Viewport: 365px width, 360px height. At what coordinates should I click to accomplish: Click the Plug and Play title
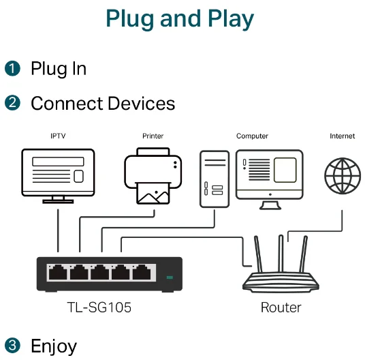coord(180,19)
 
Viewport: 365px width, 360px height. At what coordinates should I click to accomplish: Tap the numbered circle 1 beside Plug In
coord(12,68)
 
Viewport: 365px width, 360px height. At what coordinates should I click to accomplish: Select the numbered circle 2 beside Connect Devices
coord(12,102)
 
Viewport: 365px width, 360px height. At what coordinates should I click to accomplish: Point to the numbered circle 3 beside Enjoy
coord(12,345)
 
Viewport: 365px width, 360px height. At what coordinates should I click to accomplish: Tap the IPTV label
coord(58,136)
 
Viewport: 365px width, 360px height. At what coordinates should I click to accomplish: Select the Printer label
coord(153,136)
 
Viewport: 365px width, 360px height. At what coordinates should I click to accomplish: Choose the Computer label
coord(252,136)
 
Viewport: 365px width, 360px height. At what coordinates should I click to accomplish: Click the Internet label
coord(342,136)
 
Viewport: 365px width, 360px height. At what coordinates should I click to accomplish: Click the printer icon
coord(153,176)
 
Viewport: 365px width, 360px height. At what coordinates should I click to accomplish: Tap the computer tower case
coord(215,179)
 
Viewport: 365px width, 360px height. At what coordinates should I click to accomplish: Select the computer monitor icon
coord(270,179)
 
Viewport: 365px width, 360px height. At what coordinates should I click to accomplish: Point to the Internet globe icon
coord(343,176)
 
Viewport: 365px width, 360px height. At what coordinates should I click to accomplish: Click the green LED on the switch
coord(170,277)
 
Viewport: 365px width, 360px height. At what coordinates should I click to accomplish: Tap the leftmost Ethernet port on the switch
coord(58,272)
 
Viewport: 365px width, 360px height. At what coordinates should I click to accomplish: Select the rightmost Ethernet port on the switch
coord(142,272)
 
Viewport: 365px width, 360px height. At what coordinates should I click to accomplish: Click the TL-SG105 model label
coord(99,307)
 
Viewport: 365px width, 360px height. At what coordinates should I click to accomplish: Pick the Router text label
coord(281,307)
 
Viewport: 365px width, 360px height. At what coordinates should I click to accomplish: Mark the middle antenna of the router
coord(281,254)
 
